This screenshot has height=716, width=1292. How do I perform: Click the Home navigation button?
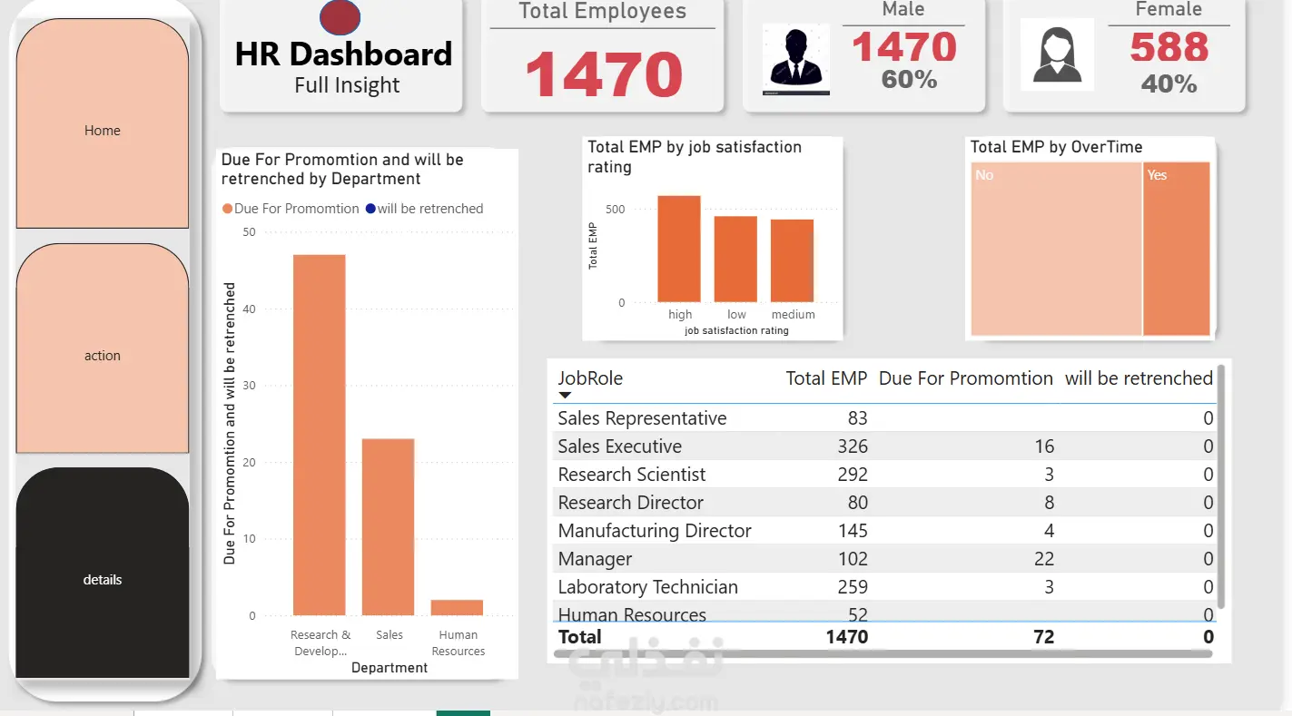(x=103, y=131)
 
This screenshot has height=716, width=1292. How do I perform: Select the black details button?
(x=103, y=579)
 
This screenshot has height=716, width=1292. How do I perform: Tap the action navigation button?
(x=103, y=356)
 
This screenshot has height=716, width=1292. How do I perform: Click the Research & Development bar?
(x=319, y=436)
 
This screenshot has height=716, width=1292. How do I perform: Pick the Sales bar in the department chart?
(x=388, y=526)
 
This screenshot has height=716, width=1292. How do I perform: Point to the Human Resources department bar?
(x=458, y=607)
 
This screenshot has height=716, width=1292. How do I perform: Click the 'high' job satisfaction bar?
(x=679, y=249)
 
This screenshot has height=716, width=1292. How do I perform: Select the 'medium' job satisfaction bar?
(x=793, y=260)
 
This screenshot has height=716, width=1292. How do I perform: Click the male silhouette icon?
(x=795, y=60)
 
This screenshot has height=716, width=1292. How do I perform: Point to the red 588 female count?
(x=1169, y=47)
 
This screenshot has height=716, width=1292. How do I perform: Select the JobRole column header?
(x=590, y=378)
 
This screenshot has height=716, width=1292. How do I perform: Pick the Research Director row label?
(x=630, y=503)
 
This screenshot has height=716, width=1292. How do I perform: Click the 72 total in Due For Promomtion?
(x=1043, y=637)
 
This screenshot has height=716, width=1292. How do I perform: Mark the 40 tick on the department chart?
(x=249, y=309)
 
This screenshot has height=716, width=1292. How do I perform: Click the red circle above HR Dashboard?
(x=340, y=17)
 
